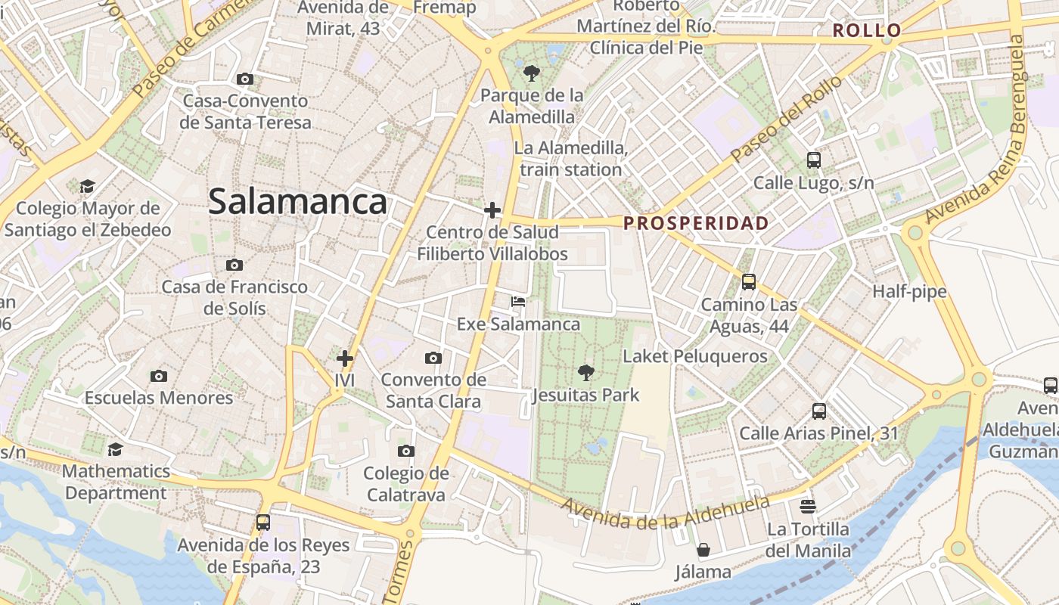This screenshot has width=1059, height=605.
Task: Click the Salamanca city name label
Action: (297, 202)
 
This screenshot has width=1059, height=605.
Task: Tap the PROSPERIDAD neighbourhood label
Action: (696, 224)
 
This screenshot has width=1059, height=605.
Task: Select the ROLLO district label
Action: (867, 31)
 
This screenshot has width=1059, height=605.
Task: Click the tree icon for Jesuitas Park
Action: (585, 372)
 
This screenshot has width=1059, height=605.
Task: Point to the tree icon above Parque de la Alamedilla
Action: (532, 73)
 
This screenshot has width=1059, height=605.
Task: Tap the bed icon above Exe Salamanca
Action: (518, 302)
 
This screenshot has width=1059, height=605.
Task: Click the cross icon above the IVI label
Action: (345, 358)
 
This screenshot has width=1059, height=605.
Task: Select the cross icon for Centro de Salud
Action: (492, 209)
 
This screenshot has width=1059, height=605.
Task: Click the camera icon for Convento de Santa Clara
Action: (433, 358)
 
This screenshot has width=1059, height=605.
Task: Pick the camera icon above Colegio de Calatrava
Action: (406, 451)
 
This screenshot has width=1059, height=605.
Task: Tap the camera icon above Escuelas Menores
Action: (159, 376)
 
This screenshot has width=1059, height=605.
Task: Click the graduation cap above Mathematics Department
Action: (115, 450)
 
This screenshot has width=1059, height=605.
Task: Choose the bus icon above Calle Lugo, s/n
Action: (814, 160)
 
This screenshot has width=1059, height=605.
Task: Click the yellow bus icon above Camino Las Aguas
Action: (749, 282)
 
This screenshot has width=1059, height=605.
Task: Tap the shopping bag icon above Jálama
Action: (703, 549)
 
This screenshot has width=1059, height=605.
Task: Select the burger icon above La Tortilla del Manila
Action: (809, 506)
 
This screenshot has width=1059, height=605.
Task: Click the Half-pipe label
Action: (909, 292)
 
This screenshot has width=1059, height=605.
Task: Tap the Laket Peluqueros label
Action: (694, 356)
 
